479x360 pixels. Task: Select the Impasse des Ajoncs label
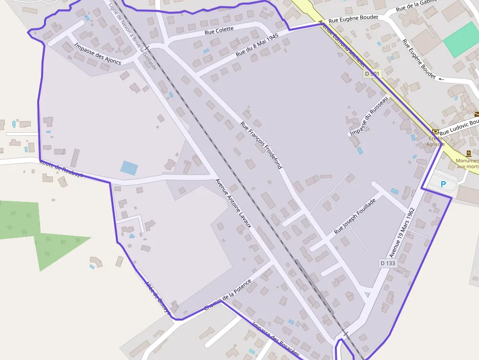[98, 54]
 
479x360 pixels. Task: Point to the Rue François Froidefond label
[261, 145]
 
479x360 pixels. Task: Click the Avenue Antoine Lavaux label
[233, 203]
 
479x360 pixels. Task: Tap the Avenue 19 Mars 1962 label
[402, 233]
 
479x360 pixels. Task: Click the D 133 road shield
[388, 263]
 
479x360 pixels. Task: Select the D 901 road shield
[371, 74]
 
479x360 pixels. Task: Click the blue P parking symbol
[443, 185]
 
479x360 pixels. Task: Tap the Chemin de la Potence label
[228, 295]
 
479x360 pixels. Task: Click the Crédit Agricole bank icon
[435, 131]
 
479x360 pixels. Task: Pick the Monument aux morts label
[467, 163]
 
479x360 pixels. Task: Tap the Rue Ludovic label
[458, 127]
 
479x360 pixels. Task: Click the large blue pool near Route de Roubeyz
[129, 168]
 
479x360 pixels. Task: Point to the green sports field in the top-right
[461, 39]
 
